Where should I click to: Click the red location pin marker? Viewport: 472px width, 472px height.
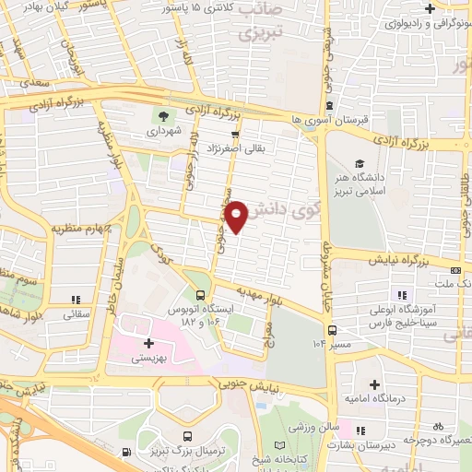tap(238, 216)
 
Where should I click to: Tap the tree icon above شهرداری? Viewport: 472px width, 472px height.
tap(163, 116)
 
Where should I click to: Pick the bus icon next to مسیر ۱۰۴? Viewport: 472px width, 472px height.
tap(330, 329)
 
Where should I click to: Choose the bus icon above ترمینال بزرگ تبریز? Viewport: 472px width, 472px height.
tap(188, 436)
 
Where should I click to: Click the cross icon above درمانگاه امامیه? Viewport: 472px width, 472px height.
tap(373, 384)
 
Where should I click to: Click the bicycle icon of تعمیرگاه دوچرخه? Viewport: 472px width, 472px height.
tap(438, 426)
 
